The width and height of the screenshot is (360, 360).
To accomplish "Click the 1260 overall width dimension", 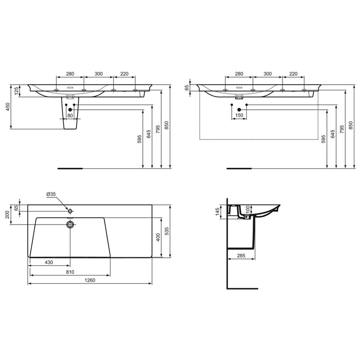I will (x=90, y=280).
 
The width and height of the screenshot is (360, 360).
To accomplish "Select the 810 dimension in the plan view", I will (x=70, y=271).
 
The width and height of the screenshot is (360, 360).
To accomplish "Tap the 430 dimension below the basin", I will (x=49, y=263).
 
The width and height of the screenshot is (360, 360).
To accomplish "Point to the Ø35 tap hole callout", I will (x=51, y=195).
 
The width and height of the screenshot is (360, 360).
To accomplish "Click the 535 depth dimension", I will (x=168, y=231).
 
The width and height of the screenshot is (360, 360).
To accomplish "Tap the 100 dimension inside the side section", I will (x=248, y=210).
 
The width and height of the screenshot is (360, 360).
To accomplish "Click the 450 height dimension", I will (x=7, y=107).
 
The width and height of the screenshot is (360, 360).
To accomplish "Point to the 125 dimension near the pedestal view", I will (x=17, y=91).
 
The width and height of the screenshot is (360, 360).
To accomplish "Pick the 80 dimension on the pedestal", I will (x=70, y=115).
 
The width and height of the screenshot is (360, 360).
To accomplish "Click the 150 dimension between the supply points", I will (x=239, y=115).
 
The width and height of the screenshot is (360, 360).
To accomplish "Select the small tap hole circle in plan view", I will (x=70, y=210).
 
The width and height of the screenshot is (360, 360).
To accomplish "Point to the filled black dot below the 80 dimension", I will (x=70, y=110).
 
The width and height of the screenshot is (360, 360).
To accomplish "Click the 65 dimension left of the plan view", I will (x=17, y=208).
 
